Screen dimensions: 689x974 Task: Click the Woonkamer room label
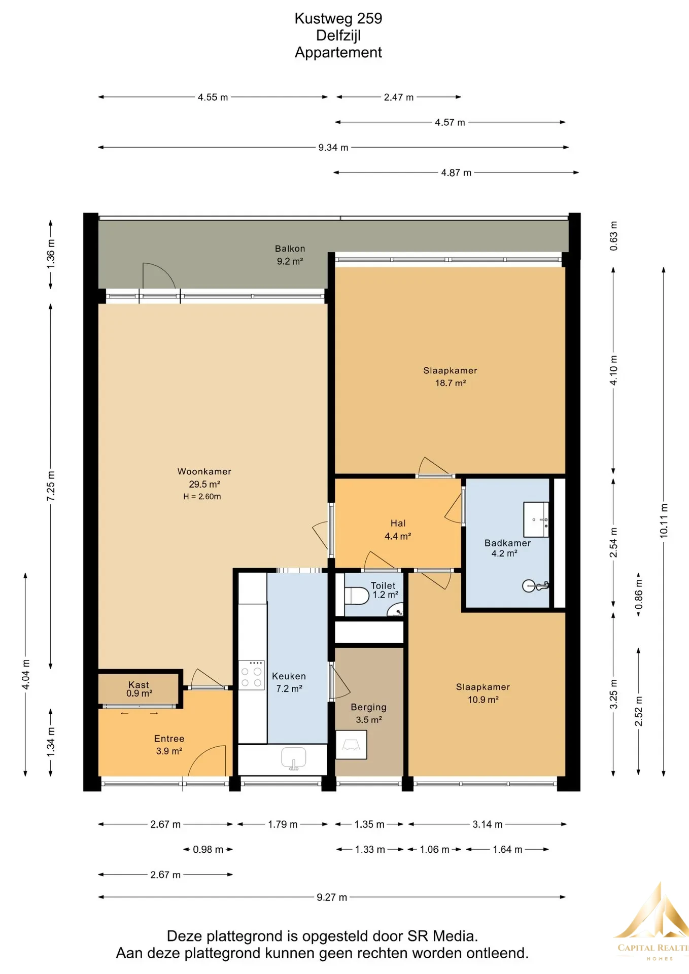pos(204,471)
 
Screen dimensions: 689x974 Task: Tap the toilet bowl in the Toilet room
pos(357,596)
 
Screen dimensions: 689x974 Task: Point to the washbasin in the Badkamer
pos(536,519)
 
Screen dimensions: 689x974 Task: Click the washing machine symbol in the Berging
pos(351,744)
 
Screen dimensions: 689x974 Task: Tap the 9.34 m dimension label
pos(333,148)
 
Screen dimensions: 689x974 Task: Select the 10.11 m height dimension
pos(664,521)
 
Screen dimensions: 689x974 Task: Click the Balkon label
pos(290,249)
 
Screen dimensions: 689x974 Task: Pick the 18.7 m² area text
pos(451,383)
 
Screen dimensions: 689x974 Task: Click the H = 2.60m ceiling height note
pos(202,497)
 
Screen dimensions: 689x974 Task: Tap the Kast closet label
pos(139,685)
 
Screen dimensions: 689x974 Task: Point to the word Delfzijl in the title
pos(338,36)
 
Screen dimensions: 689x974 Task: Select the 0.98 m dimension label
pos(208,849)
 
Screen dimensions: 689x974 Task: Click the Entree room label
pos(169,739)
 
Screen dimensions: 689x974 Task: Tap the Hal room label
pos(398,523)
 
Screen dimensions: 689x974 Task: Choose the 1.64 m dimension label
pos(507,849)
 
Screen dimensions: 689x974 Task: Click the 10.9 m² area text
pos(483,700)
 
